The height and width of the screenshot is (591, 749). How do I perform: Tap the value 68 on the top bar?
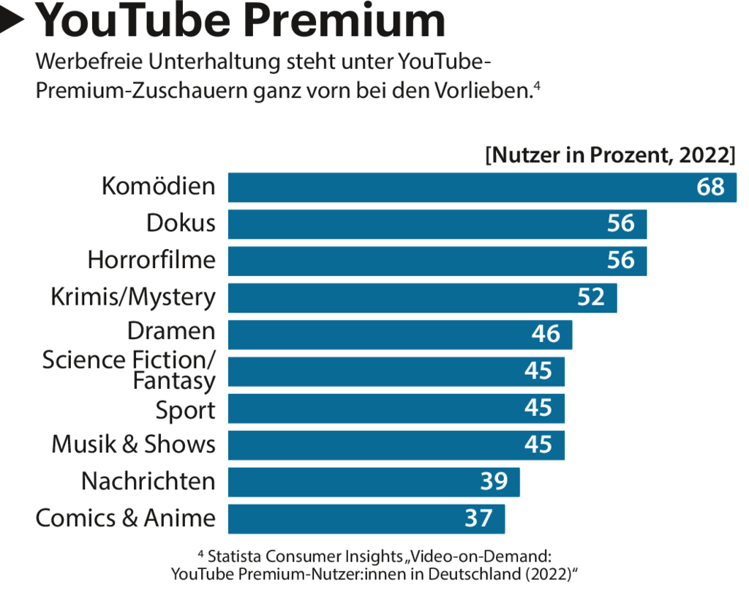(x=710, y=187)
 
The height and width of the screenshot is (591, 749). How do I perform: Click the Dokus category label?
(x=181, y=223)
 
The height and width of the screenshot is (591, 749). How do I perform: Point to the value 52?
(x=591, y=297)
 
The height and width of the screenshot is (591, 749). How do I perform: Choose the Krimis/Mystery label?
(x=133, y=297)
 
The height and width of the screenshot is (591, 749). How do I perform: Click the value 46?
(x=546, y=334)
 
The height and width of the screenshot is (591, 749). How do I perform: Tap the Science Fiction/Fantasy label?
(x=129, y=370)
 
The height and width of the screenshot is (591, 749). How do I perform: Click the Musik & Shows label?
(x=133, y=445)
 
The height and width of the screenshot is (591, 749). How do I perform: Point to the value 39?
(x=494, y=482)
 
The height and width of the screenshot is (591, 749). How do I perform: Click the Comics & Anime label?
(x=125, y=518)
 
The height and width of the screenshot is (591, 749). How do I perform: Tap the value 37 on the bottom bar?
(x=478, y=518)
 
